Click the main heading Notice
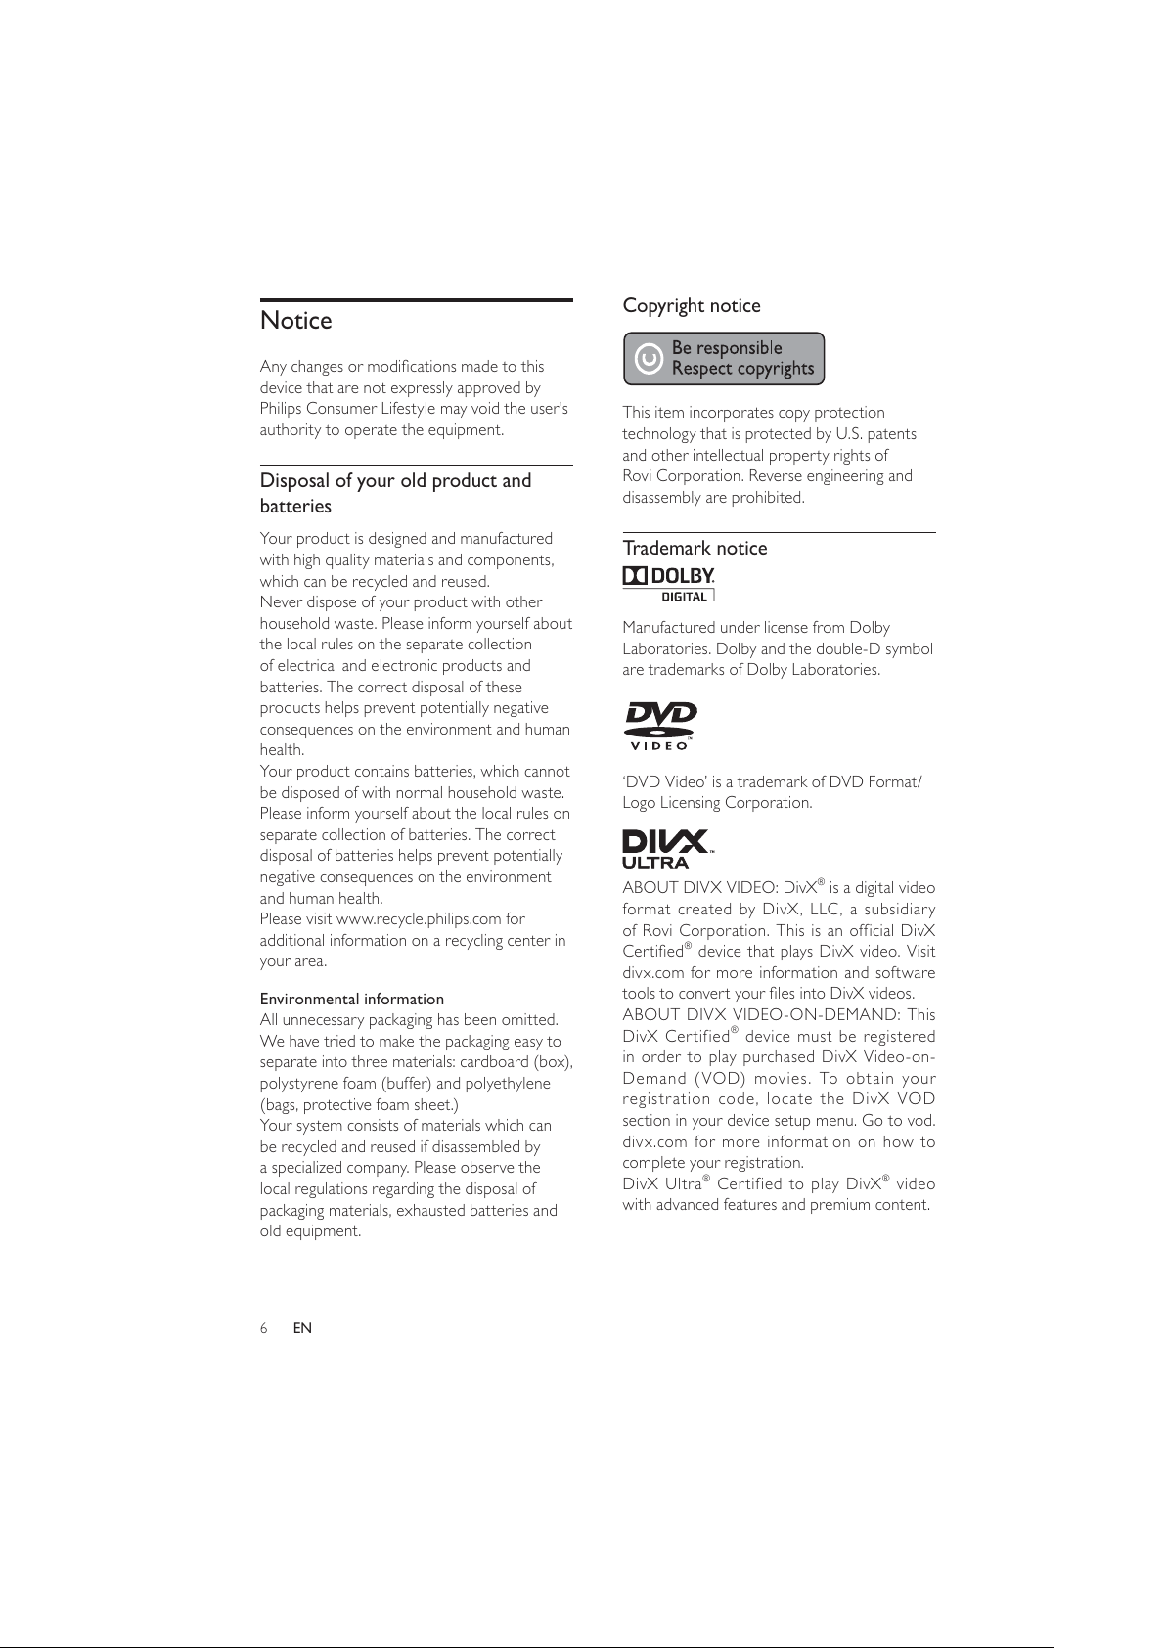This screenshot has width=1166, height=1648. pos(296,321)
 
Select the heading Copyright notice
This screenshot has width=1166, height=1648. pos(692,306)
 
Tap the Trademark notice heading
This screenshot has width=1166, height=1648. pos(695,549)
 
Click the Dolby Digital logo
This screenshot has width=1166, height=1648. pos(669,584)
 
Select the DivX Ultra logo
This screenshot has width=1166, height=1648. pos(667,848)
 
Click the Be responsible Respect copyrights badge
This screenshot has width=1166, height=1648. pos(724,359)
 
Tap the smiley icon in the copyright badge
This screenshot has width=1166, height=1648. pos(649,360)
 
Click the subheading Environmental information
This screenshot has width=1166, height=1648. pos(352,1000)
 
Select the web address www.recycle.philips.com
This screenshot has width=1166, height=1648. pos(419,919)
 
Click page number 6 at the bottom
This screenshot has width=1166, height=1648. pos(264,1328)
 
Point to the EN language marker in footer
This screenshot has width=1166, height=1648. pos(302,1328)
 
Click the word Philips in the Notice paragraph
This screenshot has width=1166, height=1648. pos(281,409)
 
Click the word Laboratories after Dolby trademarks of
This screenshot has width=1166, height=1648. pos(834,670)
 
